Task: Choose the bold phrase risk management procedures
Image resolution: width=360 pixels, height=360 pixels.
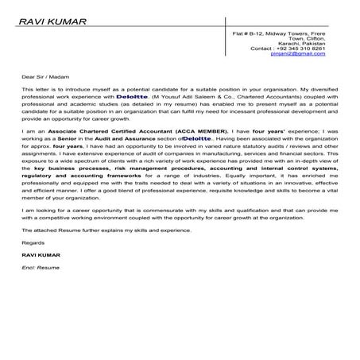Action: [148, 169]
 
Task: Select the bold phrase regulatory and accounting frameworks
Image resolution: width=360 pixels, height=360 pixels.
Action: [75, 176]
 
